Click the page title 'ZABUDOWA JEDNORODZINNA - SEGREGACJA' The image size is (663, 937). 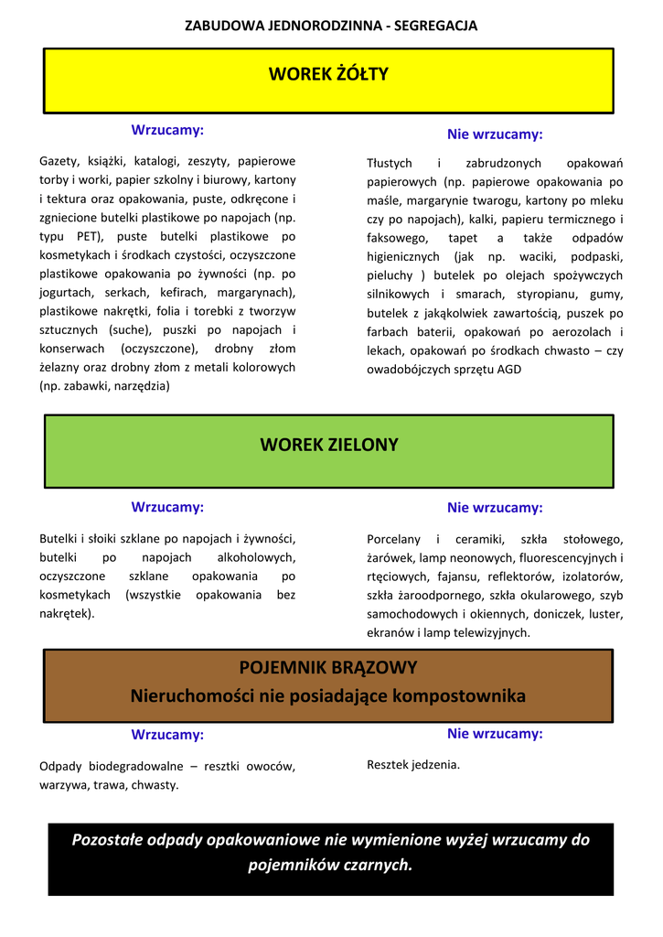tap(331, 26)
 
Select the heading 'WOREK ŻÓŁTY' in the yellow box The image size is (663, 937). tap(328, 74)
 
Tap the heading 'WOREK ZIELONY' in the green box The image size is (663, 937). tap(329, 446)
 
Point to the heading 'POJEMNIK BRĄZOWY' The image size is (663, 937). tap(328, 667)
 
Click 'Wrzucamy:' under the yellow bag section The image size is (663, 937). tap(167, 129)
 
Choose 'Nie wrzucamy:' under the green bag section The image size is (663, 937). tap(495, 508)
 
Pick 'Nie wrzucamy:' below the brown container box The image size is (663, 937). tap(495, 733)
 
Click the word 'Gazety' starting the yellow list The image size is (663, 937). tap(59, 160)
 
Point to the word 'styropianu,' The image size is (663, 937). tap(519, 294)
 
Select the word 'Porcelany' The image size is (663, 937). tap(394, 539)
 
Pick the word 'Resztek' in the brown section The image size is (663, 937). tap(388, 764)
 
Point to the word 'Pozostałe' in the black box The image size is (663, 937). tap(107, 839)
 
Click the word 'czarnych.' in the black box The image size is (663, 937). tap(375, 865)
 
